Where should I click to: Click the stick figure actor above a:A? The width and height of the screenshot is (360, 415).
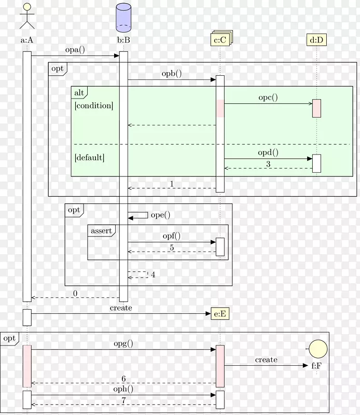click(x=27, y=17)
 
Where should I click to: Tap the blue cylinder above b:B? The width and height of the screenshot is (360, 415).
click(x=123, y=17)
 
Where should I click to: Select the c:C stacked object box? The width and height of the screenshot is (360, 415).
click(x=220, y=39)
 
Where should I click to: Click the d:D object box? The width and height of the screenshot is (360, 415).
click(x=316, y=39)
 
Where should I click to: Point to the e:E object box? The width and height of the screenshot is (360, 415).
click(x=220, y=314)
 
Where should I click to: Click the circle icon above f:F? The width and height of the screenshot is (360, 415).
click(x=316, y=349)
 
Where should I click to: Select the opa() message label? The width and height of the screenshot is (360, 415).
click(x=75, y=50)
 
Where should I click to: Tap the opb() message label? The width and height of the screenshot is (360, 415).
click(x=172, y=74)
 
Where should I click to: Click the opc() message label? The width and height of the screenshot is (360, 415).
click(x=268, y=97)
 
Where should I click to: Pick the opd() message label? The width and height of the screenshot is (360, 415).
click(x=268, y=153)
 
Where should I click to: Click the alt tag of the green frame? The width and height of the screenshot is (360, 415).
click(x=79, y=93)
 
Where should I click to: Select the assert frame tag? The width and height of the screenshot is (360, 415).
click(x=101, y=231)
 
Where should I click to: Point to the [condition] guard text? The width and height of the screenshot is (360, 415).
click(x=93, y=106)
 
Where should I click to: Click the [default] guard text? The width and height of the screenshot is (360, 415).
click(x=89, y=157)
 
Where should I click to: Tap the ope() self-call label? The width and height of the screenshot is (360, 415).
click(x=160, y=215)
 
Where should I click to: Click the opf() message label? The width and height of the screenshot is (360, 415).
click(x=172, y=236)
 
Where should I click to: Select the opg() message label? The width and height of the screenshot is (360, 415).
click(x=123, y=343)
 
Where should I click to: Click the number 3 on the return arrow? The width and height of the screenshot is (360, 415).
click(x=268, y=164)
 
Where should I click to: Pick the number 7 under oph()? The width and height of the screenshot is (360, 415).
click(x=123, y=401)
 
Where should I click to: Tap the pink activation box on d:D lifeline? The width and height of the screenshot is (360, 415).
click(x=316, y=108)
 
